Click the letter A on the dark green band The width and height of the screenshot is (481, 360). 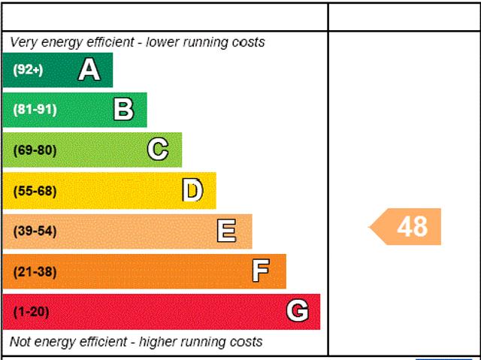(89, 70)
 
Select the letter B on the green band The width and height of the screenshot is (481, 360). (123, 110)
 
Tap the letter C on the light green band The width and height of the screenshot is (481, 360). (158, 150)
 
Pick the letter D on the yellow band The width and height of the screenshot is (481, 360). (192, 190)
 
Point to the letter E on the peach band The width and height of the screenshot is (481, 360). (226, 231)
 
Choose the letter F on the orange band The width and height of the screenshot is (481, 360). (261, 271)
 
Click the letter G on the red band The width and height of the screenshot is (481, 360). (298, 311)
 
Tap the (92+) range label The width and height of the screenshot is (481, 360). (29, 70)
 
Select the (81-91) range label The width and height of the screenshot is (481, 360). (35, 110)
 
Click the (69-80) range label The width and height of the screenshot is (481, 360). (35, 150)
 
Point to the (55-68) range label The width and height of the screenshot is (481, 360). (35, 191)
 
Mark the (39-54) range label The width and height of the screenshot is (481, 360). (35, 231)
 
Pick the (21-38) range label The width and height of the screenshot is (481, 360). (35, 272)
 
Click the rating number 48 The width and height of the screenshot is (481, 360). (412, 226)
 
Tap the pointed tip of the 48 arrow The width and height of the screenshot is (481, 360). (371, 226)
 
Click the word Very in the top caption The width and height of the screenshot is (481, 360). (23, 42)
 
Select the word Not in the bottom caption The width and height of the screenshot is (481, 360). (20, 342)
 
